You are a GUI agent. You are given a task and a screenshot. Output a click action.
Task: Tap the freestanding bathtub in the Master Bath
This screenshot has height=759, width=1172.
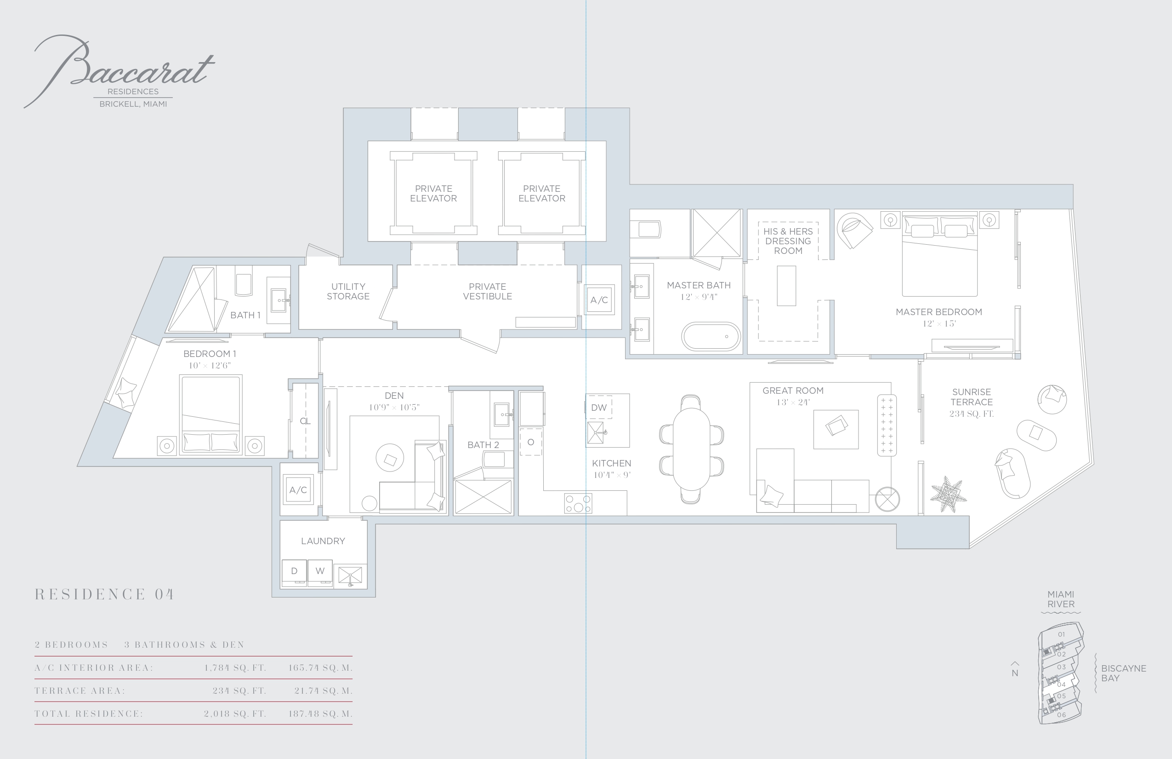coord(711,336)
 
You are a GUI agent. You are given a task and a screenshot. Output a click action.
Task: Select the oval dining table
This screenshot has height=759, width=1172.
coord(691,449)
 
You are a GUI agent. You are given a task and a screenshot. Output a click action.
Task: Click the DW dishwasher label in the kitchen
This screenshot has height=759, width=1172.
coord(599,408)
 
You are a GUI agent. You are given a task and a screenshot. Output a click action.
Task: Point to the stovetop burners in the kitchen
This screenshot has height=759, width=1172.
coord(578,504)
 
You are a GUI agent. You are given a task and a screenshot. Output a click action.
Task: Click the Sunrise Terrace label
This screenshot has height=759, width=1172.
coord(971,397)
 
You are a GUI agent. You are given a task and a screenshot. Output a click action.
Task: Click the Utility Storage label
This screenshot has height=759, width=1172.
coord(348,291)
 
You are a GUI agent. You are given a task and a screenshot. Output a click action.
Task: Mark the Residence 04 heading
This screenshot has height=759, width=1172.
coord(104,594)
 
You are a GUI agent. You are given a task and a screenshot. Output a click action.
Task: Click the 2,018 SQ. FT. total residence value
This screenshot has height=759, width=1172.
coord(235,713)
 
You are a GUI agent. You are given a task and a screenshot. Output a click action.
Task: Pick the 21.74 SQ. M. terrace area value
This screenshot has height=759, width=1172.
coord(324,691)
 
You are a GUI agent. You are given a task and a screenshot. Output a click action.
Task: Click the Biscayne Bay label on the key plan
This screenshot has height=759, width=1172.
coord(1124,673)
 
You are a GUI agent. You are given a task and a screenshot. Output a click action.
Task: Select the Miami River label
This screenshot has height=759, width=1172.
coord(1061,599)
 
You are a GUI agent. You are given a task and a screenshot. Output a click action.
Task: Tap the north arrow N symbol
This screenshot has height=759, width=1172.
coord(1015,670)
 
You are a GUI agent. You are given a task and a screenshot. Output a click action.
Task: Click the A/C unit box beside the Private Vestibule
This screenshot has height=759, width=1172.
coord(599,299)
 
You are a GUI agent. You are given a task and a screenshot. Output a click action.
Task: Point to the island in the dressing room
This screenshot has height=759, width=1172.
coord(786,286)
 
